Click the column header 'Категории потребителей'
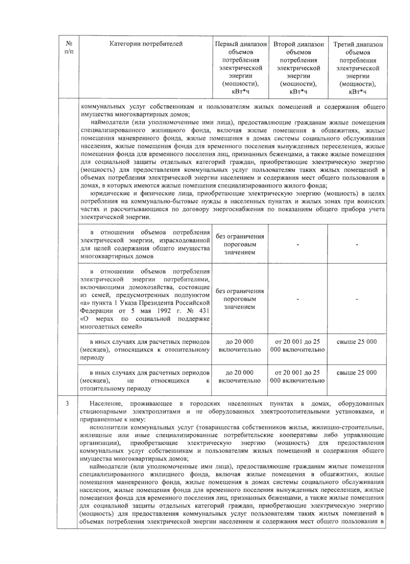pyautogui.click(x=146, y=44)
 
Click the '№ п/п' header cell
pyautogui.click(x=69, y=47)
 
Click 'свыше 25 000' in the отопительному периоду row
pyautogui.click(x=357, y=342)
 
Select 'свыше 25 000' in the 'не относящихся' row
pyautogui.click(x=357, y=373)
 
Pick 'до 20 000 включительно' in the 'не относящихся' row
pyautogui.click(x=240, y=376)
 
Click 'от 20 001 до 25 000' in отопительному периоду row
pyautogui.click(x=298, y=346)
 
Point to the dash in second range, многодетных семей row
pyautogui.click(x=298, y=299)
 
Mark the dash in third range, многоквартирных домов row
pyautogui.click(x=357, y=245)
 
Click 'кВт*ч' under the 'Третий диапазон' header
pyautogui.click(x=357, y=92)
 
